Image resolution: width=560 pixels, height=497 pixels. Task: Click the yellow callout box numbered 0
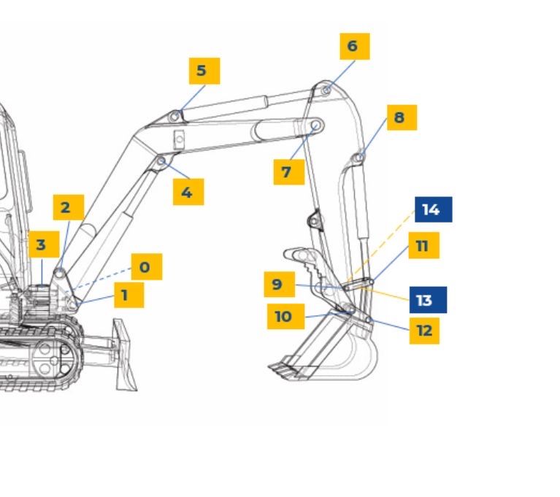point(147,266)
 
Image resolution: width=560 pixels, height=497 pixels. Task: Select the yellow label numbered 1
point(129,295)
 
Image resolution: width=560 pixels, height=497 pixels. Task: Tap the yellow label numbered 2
point(69,207)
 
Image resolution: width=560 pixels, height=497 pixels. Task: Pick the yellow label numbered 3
point(44,244)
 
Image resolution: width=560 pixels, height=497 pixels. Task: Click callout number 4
point(188,192)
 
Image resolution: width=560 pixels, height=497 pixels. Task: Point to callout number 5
point(204,71)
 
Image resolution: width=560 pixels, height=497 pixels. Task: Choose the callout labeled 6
point(355,47)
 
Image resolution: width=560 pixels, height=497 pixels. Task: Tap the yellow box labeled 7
point(289,172)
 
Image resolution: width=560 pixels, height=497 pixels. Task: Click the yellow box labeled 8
point(402,117)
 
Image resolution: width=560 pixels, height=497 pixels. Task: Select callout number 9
point(280,284)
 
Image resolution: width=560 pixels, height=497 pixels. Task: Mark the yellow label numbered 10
point(285,316)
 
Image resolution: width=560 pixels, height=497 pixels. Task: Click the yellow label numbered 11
point(424,245)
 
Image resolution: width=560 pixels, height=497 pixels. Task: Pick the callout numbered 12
point(424,331)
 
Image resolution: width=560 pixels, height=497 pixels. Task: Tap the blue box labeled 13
point(428,300)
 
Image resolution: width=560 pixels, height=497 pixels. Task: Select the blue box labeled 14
point(434,209)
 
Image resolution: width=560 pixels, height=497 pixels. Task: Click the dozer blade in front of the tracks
point(124,355)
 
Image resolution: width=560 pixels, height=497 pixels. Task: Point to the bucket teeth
point(284,369)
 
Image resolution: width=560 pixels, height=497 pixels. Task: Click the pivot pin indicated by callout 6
point(326,90)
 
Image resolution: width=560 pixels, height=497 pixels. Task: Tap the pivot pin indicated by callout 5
point(174,116)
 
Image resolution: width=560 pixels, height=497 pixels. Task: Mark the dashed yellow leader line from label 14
point(380,247)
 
